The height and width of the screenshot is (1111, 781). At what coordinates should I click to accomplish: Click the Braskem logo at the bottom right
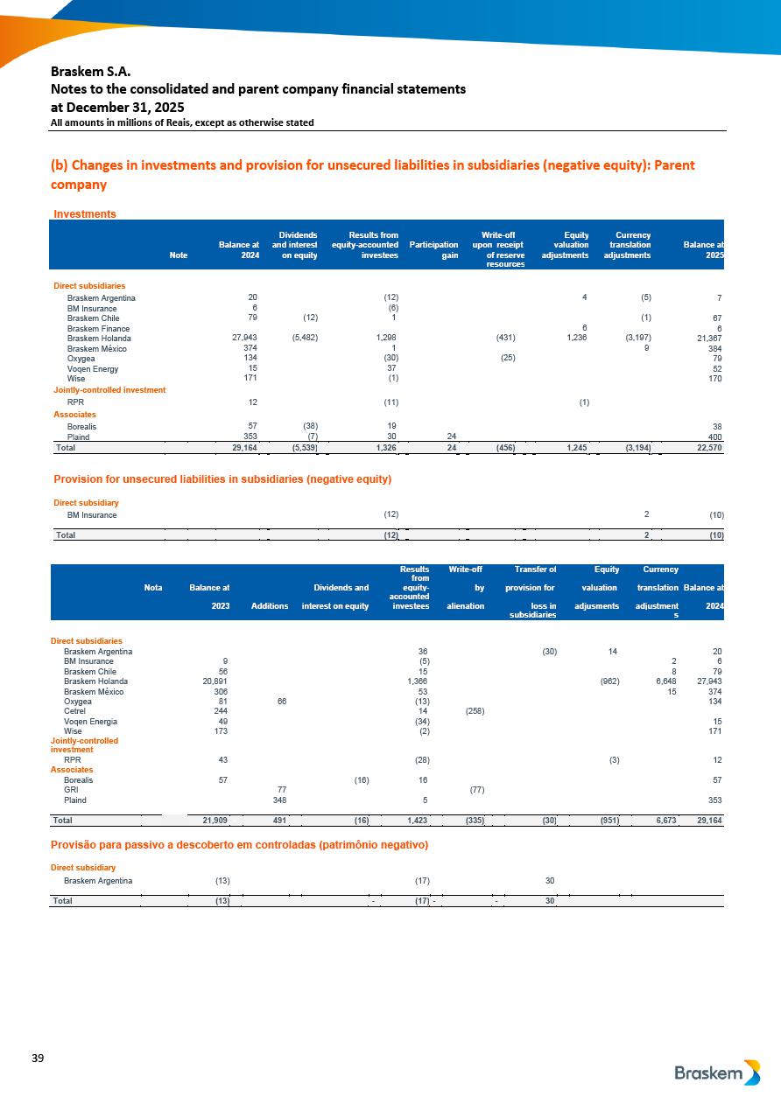(717, 1073)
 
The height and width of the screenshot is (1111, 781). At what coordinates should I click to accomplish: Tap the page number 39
(38, 1059)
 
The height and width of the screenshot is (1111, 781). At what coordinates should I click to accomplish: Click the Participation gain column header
(433, 245)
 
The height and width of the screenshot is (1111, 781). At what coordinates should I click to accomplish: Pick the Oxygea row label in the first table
(82, 359)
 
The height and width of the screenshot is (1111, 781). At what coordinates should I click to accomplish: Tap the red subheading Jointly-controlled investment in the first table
(109, 390)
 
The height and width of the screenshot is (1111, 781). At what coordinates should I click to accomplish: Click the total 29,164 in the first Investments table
(240, 447)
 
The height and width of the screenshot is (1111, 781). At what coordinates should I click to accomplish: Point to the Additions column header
(270, 605)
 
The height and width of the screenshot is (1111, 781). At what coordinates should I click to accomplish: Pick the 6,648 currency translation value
(663, 681)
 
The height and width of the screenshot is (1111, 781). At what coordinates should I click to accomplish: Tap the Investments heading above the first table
(85, 213)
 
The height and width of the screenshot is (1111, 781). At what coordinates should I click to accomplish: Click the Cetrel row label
(76, 712)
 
